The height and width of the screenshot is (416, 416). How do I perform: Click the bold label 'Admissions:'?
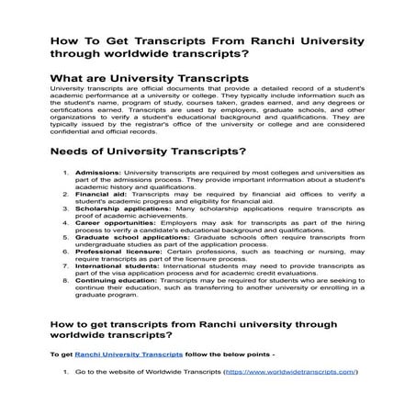pyautogui.click(x=96, y=173)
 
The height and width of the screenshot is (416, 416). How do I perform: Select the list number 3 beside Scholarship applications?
pyautogui.click(x=64, y=208)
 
